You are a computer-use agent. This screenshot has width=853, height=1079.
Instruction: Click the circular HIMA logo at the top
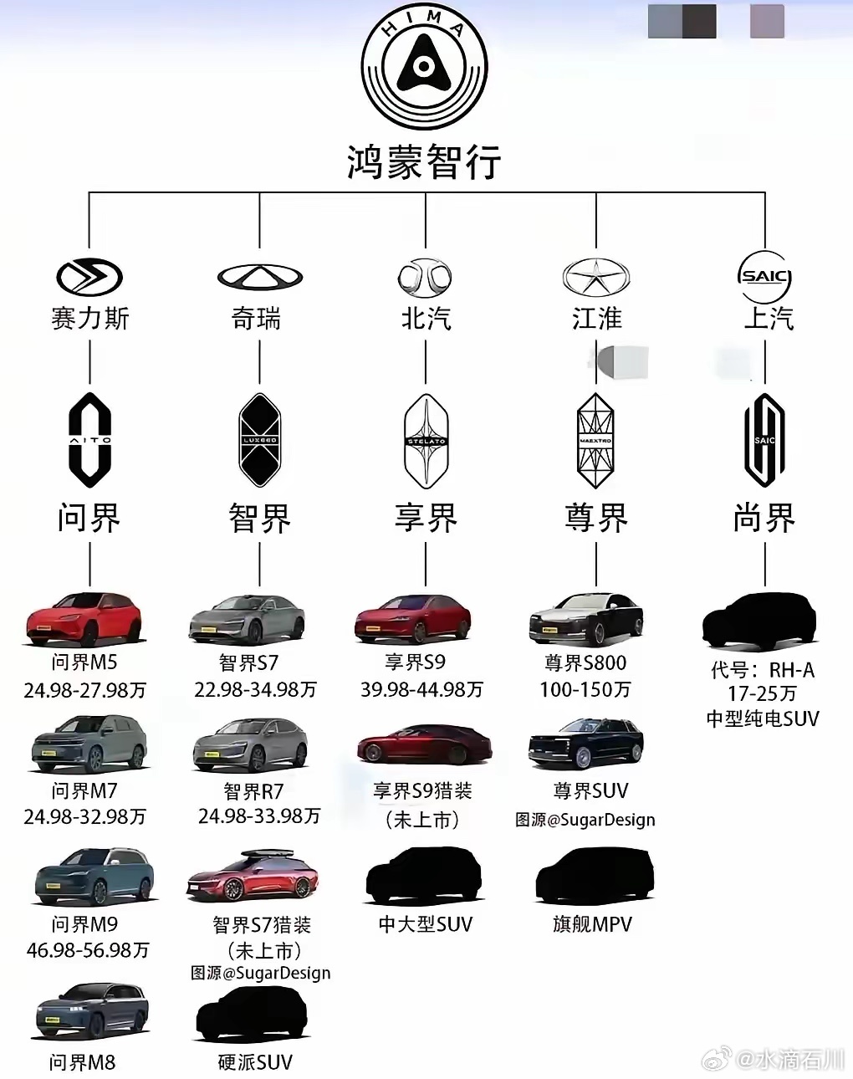pos(424,66)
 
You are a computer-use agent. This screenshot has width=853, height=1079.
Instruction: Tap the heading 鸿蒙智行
pos(424,161)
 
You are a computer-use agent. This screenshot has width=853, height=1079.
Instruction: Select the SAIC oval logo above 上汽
pos(764,277)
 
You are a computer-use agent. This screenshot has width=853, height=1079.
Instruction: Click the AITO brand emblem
pos(89,440)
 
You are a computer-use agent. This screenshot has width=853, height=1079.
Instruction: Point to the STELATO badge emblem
pos(426,440)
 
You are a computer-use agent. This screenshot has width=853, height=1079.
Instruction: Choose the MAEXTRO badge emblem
pos(595,440)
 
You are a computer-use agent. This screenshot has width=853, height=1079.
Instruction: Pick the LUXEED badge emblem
pos(259,440)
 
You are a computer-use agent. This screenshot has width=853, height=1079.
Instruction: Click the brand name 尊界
pos(595,518)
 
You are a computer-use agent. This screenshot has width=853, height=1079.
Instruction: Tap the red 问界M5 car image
pos(84,619)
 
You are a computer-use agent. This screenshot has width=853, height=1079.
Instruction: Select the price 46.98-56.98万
pos(88,950)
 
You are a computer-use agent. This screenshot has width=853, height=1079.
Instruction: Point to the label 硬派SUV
pos(255,1062)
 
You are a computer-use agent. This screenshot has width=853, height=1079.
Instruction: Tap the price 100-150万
pos(585,690)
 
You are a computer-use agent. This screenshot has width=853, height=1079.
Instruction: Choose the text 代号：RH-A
pos(762,670)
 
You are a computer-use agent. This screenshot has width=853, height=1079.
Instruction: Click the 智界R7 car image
pos(250,745)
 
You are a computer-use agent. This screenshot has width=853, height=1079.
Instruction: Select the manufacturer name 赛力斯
pos(89,319)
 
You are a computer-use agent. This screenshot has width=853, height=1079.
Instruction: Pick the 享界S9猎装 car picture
pos(423,744)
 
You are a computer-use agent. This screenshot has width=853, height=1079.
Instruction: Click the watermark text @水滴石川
pos(789,1059)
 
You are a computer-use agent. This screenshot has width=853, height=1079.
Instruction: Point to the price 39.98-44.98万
pos(421,690)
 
